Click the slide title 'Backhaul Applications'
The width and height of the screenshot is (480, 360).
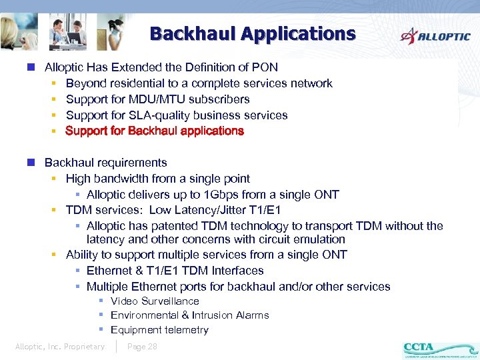(x=253, y=33)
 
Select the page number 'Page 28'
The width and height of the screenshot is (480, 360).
(x=142, y=347)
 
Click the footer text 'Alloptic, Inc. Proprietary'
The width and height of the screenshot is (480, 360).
(x=60, y=347)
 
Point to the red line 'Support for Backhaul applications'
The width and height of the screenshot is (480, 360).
(x=155, y=131)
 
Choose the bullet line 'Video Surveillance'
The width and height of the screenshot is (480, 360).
(x=155, y=301)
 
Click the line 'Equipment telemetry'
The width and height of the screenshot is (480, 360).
(x=159, y=330)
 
